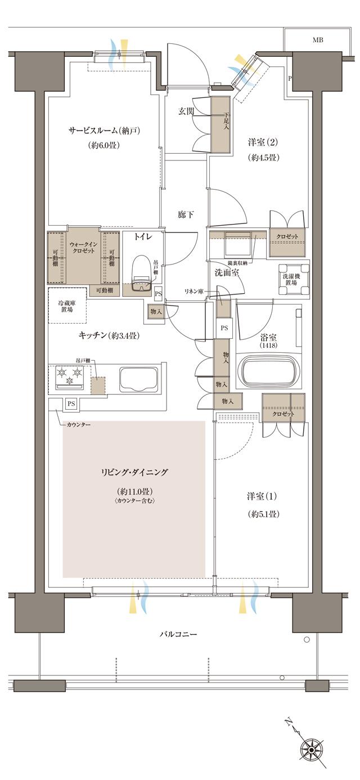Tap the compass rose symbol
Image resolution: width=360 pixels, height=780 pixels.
[311, 749]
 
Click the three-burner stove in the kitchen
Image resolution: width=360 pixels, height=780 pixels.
[69, 377]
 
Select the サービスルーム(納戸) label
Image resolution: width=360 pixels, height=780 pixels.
[104, 131]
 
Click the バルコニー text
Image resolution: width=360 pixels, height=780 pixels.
[178, 634]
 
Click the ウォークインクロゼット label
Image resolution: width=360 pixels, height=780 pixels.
[83, 247]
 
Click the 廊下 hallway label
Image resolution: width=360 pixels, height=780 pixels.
[186, 214]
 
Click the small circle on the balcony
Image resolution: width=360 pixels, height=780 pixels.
[307, 640]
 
